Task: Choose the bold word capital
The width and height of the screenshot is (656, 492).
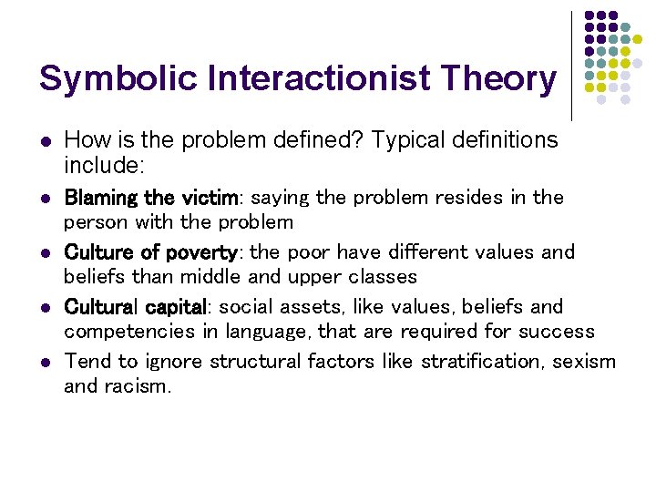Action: pyautogui.click(x=177, y=307)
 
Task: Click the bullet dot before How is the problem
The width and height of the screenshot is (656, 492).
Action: pyautogui.click(x=45, y=141)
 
